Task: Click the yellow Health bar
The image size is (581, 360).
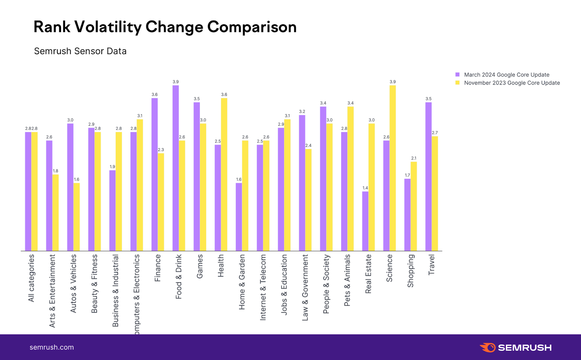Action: [x=224, y=174]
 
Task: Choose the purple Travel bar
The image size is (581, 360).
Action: [x=428, y=177]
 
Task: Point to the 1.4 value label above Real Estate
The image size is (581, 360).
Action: [x=365, y=188]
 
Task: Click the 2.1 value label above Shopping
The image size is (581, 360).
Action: [x=414, y=158]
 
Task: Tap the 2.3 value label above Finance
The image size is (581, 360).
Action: [x=161, y=150]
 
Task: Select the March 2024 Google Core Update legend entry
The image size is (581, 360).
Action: [x=506, y=75]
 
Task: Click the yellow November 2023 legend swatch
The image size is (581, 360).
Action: [x=458, y=83]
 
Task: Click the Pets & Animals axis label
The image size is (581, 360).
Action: [x=347, y=280]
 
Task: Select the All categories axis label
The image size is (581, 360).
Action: [x=31, y=278]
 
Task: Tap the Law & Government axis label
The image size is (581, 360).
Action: [x=305, y=287]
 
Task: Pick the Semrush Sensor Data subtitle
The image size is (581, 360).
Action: [x=80, y=51]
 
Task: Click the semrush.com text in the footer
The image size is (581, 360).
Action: [x=52, y=347]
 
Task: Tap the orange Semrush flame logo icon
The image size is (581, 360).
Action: [x=488, y=347]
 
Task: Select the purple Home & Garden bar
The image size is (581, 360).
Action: [x=239, y=217]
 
